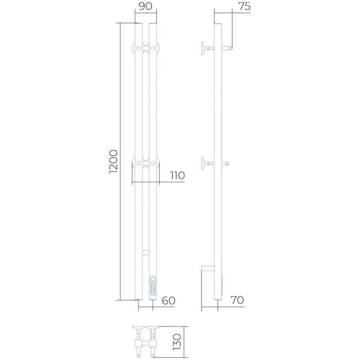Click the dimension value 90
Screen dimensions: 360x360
tap(146, 6)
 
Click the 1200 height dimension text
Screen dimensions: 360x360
tap(114, 161)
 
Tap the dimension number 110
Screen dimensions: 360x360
tap(177, 176)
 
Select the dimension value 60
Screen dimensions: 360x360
tap(169, 300)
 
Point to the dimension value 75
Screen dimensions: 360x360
tap(244, 6)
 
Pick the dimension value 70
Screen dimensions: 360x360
tap(237, 300)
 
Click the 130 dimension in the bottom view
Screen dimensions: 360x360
tap(177, 342)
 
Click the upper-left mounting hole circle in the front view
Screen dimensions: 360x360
tap(139, 48)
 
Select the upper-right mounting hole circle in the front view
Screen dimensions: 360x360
tap(153, 48)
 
